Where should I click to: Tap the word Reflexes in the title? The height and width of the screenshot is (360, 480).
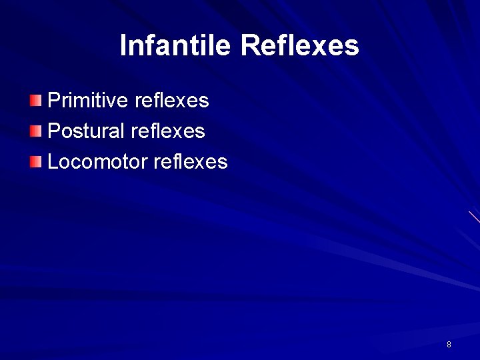click(x=299, y=45)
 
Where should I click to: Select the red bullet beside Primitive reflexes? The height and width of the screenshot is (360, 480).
click(x=35, y=101)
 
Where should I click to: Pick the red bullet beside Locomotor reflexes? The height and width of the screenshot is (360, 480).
click(x=35, y=161)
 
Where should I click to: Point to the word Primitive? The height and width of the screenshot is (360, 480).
click(x=89, y=101)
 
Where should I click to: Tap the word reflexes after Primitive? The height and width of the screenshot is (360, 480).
click(x=172, y=101)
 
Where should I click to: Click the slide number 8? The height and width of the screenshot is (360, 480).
click(x=449, y=345)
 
